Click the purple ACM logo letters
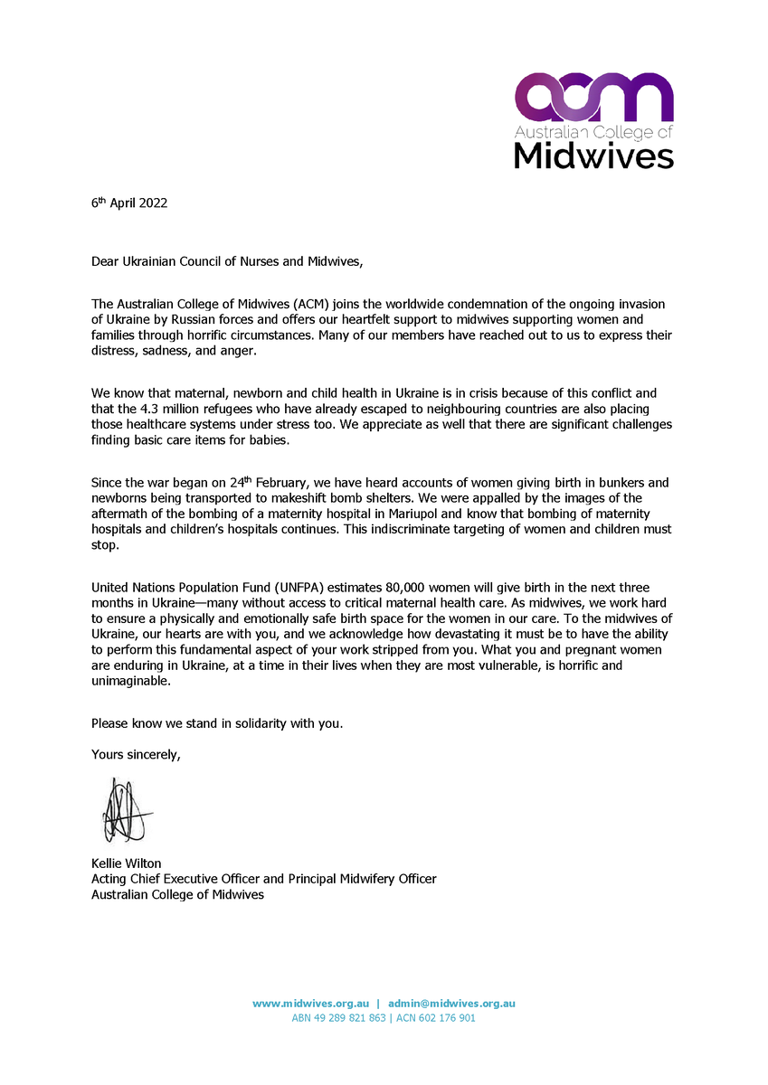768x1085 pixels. [x=593, y=98]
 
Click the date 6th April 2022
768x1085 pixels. [x=129, y=203]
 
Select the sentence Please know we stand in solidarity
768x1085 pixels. [x=217, y=723]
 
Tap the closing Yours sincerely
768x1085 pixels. [x=136, y=753]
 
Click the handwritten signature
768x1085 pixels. [x=123, y=810]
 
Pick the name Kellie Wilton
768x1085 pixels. [x=126, y=863]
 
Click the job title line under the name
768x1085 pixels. [x=263, y=879]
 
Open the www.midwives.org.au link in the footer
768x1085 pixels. [x=310, y=1003]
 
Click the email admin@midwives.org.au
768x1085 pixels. [x=451, y=1003]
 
